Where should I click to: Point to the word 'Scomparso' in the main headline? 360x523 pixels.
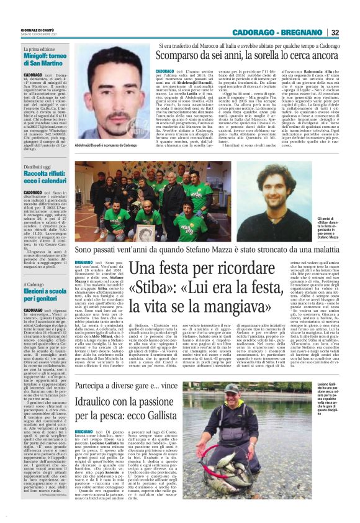181,57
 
